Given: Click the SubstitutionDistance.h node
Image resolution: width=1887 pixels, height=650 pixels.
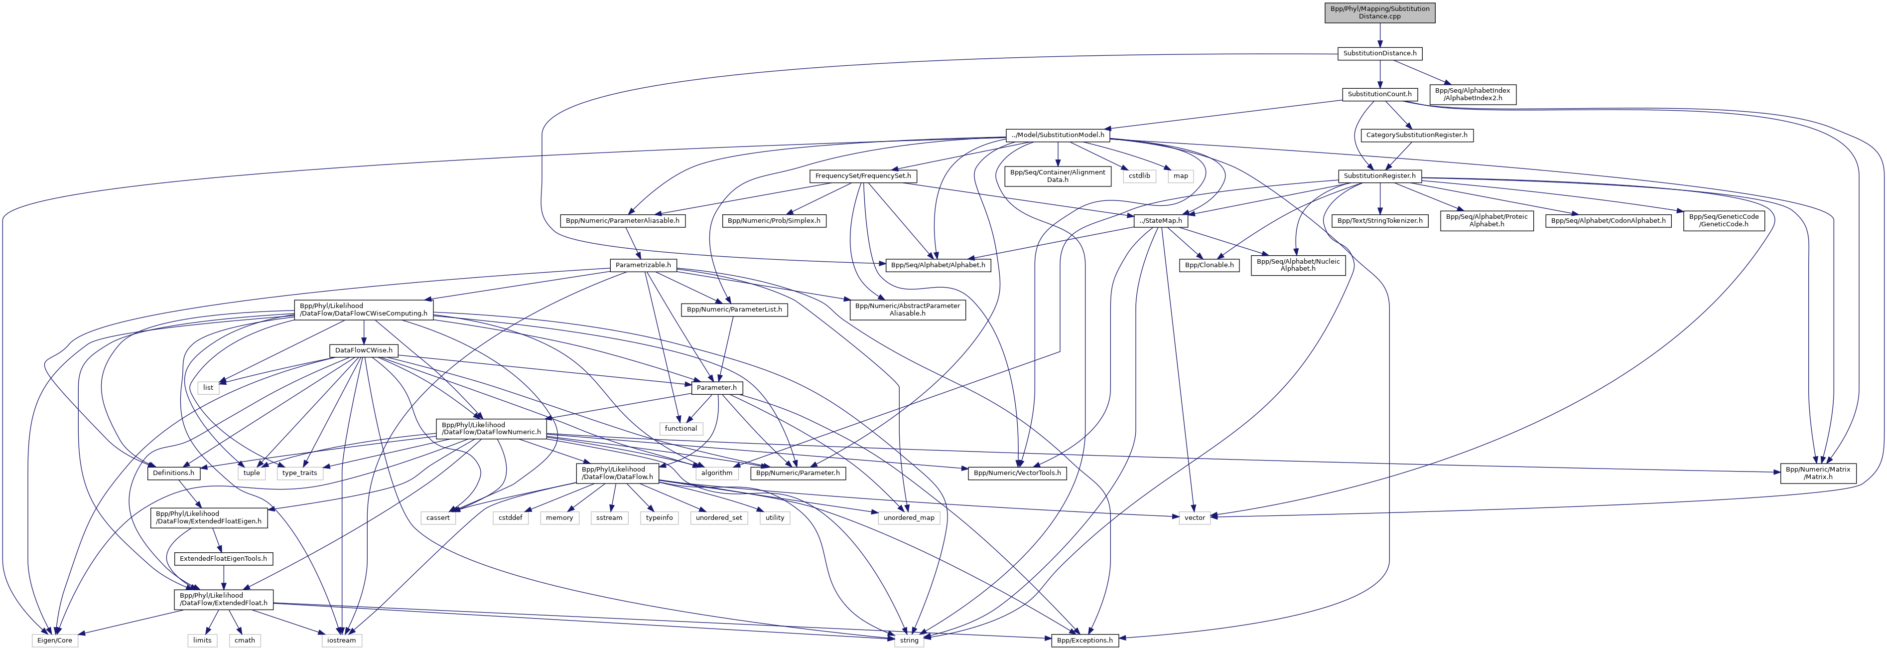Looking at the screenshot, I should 1379,53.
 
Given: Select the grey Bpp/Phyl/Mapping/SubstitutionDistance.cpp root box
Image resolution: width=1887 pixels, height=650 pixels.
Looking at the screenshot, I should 1379,12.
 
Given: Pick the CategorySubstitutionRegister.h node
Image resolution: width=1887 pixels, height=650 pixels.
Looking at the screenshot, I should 1416,136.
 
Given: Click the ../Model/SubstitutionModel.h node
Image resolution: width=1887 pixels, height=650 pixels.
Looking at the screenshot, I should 1057,136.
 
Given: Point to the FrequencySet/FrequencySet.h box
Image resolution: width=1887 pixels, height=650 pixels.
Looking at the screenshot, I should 863,176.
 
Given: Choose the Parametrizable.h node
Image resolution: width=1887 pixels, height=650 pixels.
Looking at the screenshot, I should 643,265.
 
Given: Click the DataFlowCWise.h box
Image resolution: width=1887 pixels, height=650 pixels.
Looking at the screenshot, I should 363,351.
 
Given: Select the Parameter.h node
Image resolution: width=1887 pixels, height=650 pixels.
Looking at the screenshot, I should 716,388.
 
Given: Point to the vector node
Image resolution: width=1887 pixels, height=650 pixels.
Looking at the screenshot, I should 1194,518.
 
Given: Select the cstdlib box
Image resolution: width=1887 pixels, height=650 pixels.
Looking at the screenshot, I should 1139,176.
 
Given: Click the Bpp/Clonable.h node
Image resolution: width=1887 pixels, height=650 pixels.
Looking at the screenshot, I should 1209,265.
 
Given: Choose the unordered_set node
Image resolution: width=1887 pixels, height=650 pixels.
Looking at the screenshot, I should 719,518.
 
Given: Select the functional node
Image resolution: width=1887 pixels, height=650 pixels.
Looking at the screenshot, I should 680,429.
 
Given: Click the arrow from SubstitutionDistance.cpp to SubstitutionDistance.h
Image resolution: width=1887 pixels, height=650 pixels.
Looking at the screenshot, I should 1379,34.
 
